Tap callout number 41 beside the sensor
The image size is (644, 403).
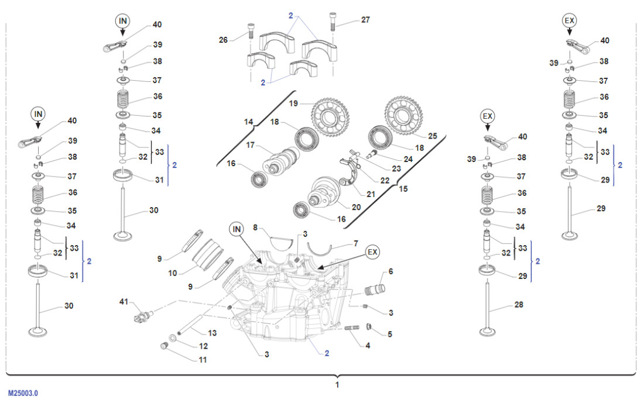pos(123,302)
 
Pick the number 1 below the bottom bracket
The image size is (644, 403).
pos(337,385)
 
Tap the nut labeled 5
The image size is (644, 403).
pos(370,326)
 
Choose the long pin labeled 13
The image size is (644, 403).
pos(190,325)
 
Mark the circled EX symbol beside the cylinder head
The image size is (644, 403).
pos(372,252)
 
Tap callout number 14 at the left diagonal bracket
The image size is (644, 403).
pos(249,122)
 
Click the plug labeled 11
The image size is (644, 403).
pos(165,349)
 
